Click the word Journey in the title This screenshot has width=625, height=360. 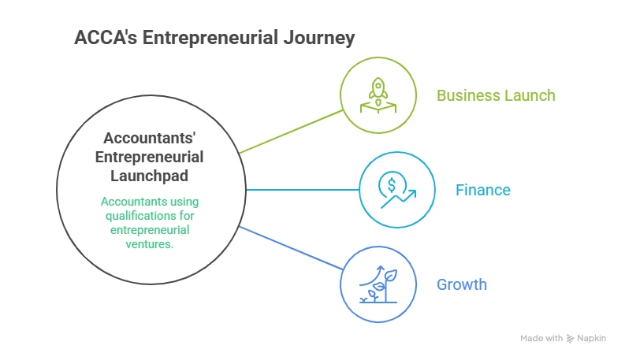click(319, 37)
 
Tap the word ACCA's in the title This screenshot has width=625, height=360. click(102, 37)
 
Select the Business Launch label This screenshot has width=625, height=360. click(496, 95)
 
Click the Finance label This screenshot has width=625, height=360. click(482, 190)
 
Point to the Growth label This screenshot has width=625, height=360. click(462, 284)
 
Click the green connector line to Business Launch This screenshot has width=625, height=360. click(292, 131)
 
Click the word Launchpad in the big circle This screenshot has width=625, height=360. click(149, 174)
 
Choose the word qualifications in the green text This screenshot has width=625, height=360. click(149, 216)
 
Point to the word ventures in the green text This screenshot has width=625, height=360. click(149, 244)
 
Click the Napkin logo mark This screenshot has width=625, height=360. click(571, 338)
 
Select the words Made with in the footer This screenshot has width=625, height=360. click(541, 338)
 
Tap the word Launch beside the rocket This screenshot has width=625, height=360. click(530, 95)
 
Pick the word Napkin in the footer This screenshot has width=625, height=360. click(593, 338)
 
